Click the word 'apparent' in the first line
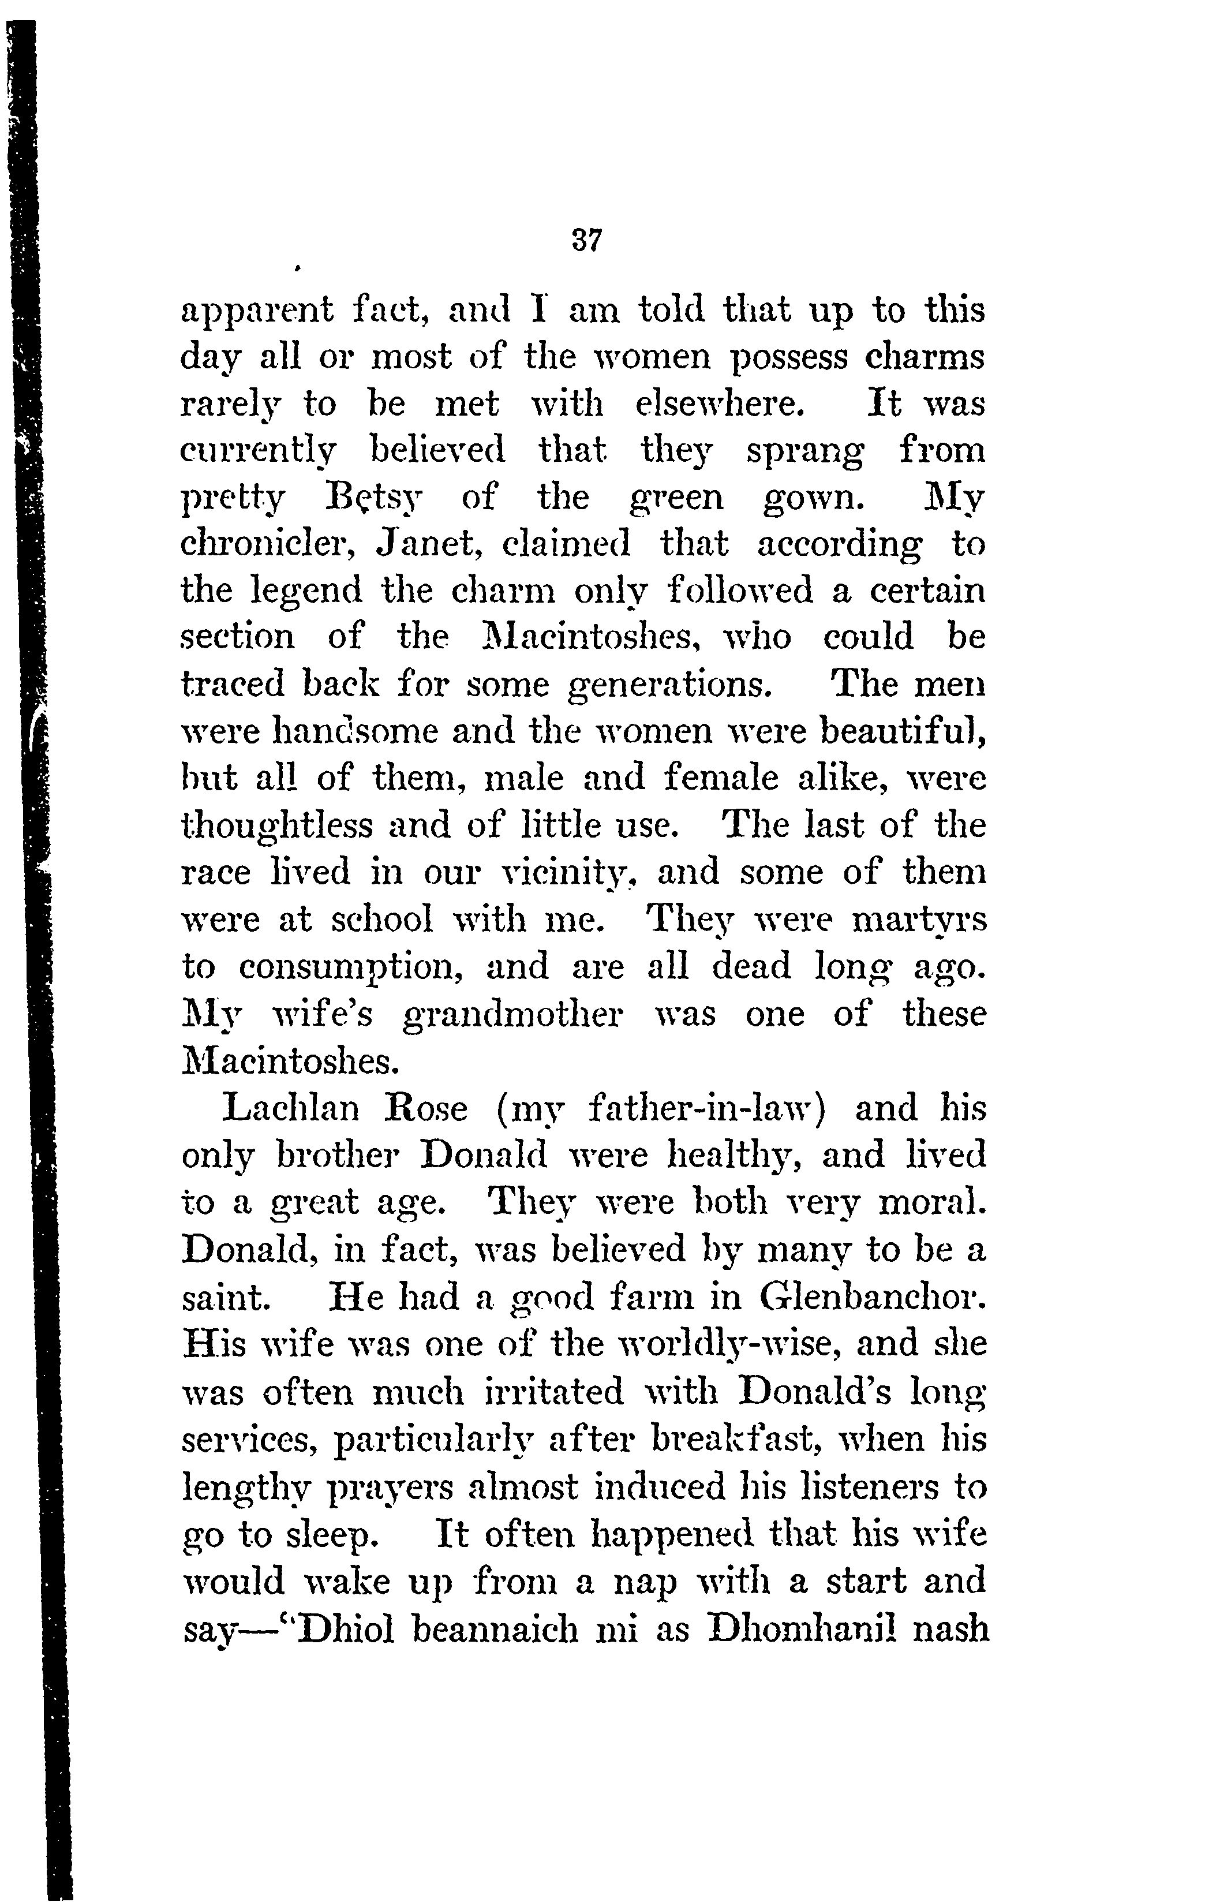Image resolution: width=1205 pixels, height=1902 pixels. point(257,311)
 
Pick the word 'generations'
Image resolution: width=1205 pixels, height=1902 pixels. point(669,685)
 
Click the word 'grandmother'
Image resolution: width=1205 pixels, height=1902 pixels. point(512,1014)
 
